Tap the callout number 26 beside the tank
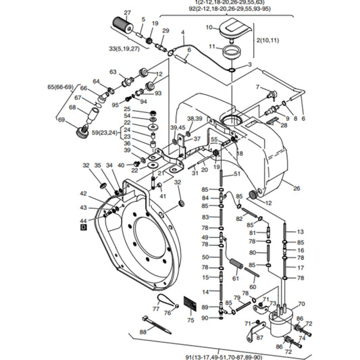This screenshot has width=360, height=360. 297,188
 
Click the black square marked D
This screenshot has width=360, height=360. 84,228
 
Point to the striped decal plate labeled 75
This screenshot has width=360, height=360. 190,303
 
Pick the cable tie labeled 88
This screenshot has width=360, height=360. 157,324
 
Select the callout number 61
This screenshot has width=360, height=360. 236,278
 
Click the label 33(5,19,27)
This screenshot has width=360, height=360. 124,49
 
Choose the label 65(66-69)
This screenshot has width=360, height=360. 61,87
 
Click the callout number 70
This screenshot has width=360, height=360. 301,304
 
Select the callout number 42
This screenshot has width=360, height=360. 83,194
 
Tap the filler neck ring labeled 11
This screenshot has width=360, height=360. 232,53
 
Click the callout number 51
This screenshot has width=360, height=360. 237,174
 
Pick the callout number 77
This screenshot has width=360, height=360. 156,309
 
